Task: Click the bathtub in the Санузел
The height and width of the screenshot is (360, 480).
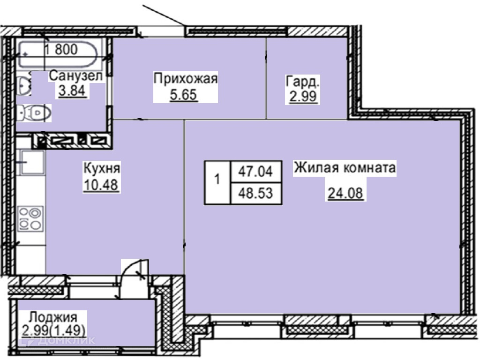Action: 59,54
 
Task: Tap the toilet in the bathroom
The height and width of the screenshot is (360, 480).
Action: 34,113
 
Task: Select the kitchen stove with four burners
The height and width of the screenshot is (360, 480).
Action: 30,218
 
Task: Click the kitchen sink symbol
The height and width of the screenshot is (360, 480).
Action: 32,162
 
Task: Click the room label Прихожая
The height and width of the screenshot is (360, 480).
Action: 186,79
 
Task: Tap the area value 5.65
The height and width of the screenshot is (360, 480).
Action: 183,95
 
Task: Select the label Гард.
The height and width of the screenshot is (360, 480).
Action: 302,82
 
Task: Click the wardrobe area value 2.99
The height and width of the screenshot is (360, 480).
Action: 303,97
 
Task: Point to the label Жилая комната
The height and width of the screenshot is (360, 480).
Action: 345,168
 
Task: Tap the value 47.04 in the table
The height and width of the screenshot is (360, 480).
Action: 255,171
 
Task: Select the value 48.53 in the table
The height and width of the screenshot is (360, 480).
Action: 255,193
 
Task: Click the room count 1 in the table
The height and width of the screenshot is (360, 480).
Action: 217,179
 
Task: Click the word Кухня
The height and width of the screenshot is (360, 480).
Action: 102,168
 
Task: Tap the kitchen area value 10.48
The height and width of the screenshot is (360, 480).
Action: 101,185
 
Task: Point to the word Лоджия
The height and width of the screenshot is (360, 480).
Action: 53,317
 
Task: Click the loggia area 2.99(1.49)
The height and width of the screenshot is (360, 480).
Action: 53,330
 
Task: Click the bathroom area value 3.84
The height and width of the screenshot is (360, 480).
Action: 72,91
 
